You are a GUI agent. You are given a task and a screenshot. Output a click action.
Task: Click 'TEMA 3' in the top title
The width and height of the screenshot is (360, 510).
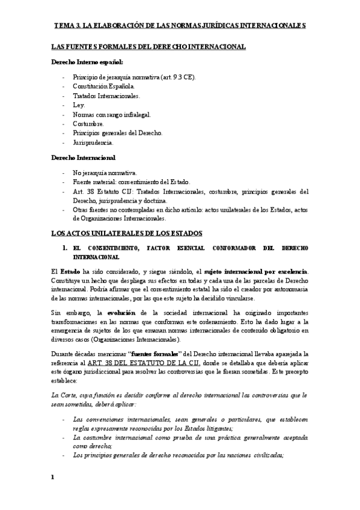click(x=67, y=26)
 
